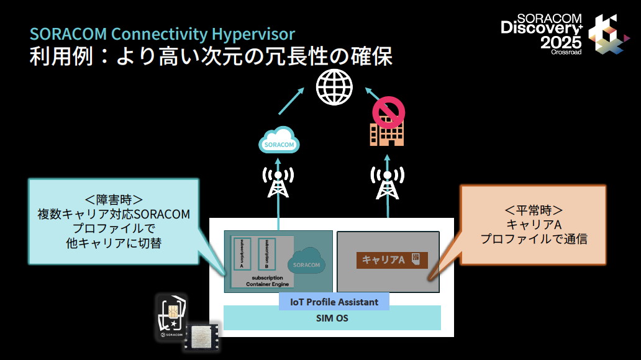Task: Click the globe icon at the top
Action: tap(334, 88)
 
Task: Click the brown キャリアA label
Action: tap(392, 259)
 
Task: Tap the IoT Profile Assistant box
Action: tap(334, 302)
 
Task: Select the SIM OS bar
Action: tap(332, 318)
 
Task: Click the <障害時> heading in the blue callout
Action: tap(114, 200)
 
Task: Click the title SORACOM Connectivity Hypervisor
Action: tap(162, 33)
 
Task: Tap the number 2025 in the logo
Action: tap(560, 42)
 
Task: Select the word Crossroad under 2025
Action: tap(566, 52)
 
